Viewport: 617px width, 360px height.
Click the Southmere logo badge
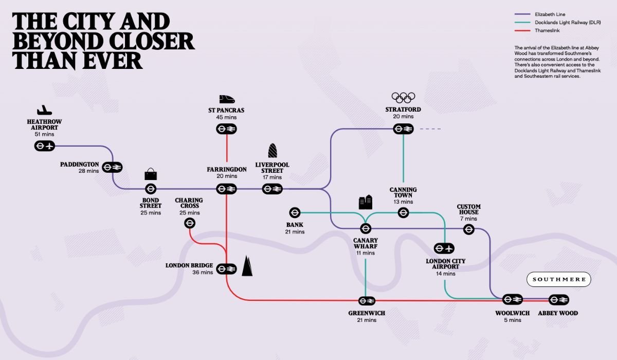point(558,279)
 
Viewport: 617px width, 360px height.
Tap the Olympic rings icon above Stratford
point(403,98)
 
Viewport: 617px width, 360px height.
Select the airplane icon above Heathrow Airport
point(44,110)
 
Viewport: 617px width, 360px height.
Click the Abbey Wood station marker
point(558,300)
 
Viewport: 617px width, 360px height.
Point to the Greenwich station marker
point(367,301)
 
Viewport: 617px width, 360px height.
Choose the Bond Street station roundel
point(151,189)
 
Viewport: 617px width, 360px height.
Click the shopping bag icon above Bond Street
point(151,174)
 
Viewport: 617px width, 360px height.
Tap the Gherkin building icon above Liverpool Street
point(273,150)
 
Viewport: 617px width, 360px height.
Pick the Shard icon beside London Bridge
point(247,266)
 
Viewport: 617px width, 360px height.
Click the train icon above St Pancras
point(227,99)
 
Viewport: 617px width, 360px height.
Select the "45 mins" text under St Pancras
point(226,117)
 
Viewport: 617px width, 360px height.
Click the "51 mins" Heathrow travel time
point(44,134)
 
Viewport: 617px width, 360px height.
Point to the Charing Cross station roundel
point(190,223)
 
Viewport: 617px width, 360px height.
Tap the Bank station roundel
point(295,212)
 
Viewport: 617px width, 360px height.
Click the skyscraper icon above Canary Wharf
point(366,202)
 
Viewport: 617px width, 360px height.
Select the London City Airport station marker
point(444,248)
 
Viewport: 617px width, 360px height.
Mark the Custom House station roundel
point(469,229)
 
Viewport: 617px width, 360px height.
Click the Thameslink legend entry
point(537,30)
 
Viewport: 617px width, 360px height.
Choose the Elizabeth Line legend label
point(550,14)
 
